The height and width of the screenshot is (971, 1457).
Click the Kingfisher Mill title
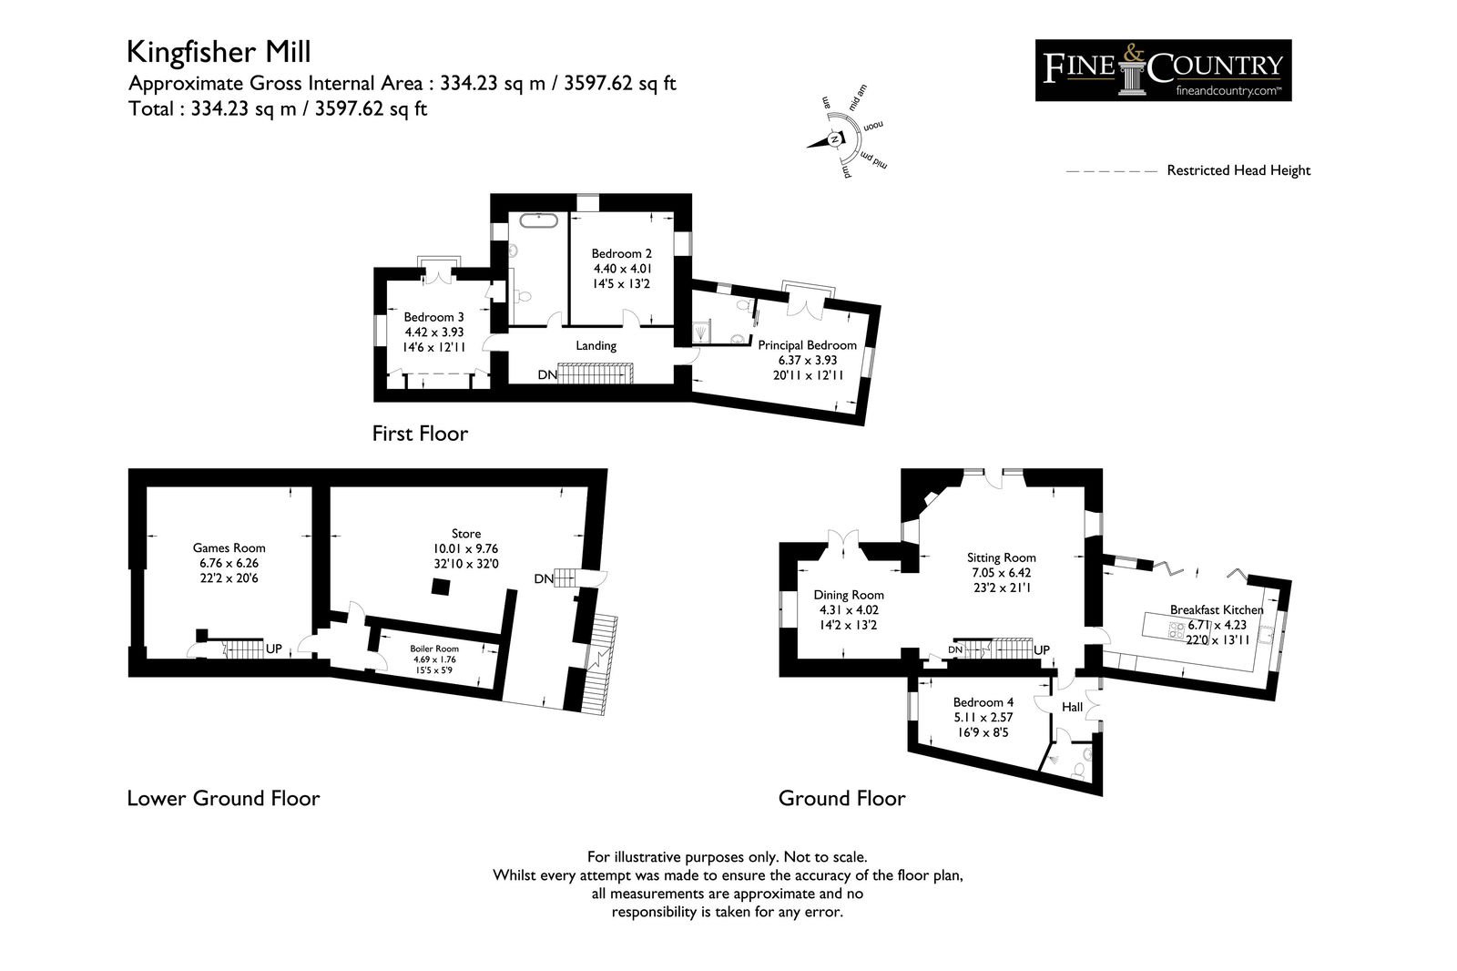(219, 52)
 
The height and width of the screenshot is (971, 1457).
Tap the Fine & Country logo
(1163, 70)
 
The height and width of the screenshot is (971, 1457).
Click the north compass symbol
(834, 139)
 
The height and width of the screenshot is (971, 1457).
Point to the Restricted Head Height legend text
(1238, 170)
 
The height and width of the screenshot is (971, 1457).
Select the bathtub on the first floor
(539, 220)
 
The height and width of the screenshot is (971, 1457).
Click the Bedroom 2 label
(621, 268)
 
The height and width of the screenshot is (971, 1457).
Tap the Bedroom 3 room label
(433, 332)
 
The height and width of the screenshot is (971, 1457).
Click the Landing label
(596, 345)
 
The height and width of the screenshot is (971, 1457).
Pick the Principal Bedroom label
(807, 360)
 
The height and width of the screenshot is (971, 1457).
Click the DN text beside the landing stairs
(547, 375)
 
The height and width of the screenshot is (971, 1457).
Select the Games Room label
(229, 563)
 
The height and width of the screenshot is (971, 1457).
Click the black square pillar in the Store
(441, 587)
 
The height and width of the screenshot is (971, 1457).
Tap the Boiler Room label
(433, 659)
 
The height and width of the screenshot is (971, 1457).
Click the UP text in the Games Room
(273, 649)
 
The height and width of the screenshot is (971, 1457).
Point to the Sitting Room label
(1001, 573)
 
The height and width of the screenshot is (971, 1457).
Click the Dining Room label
(849, 609)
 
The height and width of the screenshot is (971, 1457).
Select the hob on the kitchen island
(1177, 630)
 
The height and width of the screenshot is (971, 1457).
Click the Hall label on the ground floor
(1072, 707)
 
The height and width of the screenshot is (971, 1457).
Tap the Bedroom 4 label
(983, 717)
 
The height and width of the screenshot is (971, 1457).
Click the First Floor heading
(420, 434)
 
